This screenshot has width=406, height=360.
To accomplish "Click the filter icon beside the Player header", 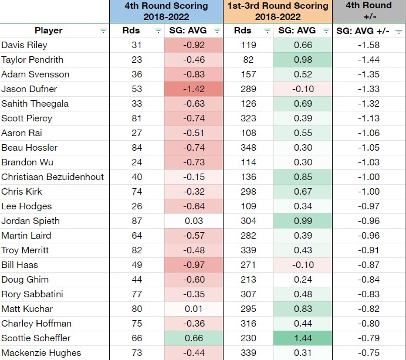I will coord(103,30).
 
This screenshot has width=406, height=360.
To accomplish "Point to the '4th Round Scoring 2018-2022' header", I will coord(167,11).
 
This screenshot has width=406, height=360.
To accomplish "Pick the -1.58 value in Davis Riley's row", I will coord(369,45).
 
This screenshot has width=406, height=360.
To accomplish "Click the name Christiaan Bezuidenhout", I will coord(52,177).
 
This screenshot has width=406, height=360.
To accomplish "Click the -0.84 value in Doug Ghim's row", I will coord(369,280).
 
